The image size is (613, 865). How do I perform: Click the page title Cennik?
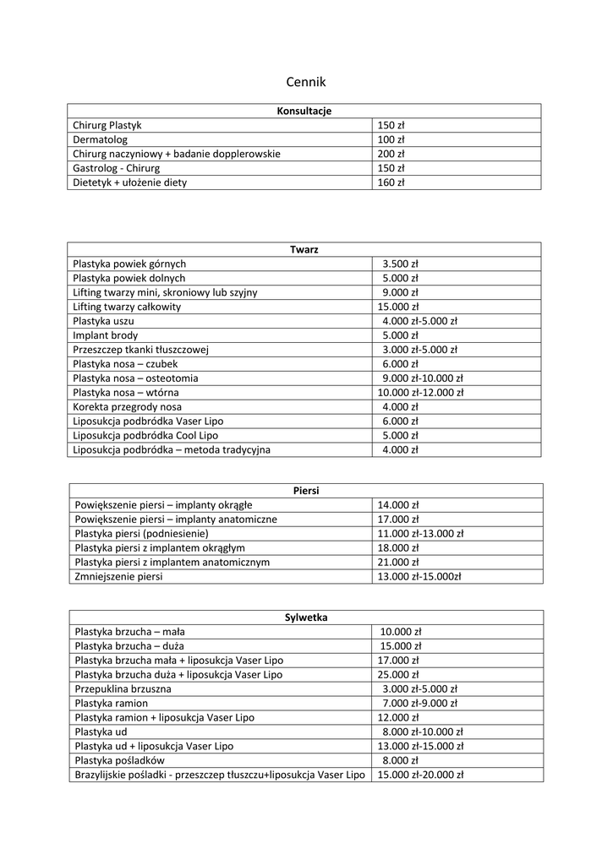click(305, 82)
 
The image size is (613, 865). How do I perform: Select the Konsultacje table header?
click(304, 111)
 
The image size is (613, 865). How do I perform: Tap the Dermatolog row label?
click(100, 139)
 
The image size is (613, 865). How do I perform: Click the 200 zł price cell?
click(391, 154)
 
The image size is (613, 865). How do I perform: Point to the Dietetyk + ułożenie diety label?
click(129, 182)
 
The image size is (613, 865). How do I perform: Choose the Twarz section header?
click(304, 249)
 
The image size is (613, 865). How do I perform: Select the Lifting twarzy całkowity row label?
click(127, 307)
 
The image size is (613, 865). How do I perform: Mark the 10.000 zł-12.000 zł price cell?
click(420, 393)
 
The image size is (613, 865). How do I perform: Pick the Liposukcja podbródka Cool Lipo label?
click(139, 436)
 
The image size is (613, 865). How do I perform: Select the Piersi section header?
click(305, 490)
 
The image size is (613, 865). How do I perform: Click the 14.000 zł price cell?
click(398, 505)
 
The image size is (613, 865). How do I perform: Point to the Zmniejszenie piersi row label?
click(118, 576)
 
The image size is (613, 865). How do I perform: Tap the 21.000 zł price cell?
click(398, 562)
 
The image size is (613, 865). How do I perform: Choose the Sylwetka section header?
click(305, 617)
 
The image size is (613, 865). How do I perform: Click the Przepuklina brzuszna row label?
click(123, 689)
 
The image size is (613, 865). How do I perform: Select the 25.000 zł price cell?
click(398, 675)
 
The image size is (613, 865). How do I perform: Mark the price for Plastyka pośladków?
click(401, 760)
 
